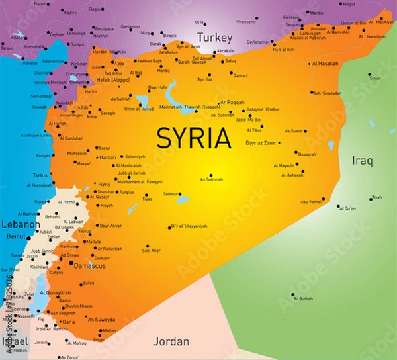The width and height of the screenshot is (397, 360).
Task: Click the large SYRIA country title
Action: tap(193, 138)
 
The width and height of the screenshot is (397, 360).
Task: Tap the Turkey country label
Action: tap(213, 38)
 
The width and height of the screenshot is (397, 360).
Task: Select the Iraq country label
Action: tap(362, 160)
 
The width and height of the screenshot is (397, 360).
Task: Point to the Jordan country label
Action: tap(171, 341)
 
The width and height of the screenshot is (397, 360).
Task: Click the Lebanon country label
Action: tap(20, 224)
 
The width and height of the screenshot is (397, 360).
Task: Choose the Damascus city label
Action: tap(89, 265)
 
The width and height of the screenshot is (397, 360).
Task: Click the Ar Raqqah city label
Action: tap(232, 103)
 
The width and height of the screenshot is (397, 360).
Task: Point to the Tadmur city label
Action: tap(171, 194)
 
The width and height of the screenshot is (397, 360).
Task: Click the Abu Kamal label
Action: tap(311, 201)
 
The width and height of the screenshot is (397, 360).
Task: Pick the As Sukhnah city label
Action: tap(212, 179)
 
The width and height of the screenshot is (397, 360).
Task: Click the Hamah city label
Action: tap(107, 157)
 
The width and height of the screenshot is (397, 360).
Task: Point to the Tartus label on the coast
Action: tap(40, 175)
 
